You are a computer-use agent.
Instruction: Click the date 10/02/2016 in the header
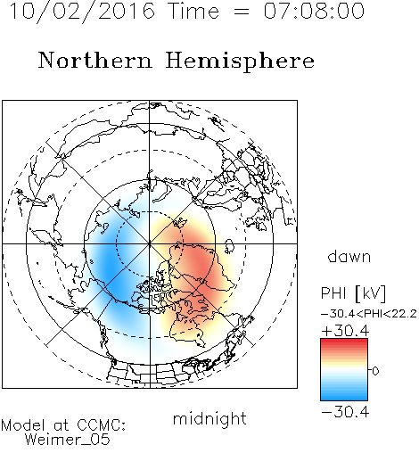(x=82, y=12)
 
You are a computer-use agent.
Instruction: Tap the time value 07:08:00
(x=314, y=11)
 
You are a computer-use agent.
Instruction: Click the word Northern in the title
(x=95, y=61)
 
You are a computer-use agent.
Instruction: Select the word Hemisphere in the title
(x=240, y=62)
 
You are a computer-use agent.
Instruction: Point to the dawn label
(x=349, y=256)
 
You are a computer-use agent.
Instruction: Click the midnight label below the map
(x=209, y=418)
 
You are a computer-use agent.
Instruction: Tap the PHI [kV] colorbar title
(x=353, y=293)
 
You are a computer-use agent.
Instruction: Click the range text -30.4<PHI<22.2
(x=369, y=314)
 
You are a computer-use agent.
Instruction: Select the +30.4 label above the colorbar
(x=345, y=331)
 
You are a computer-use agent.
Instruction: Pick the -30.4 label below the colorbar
(x=345, y=412)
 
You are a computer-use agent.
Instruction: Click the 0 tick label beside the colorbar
(x=375, y=371)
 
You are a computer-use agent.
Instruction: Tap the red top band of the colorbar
(x=344, y=342)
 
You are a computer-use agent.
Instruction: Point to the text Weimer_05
(x=68, y=440)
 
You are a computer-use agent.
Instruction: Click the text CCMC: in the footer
(x=101, y=425)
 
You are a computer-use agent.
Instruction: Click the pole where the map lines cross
(x=150, y=243)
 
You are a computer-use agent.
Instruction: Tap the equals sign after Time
(x=241, y=12)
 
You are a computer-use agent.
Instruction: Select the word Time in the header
(x=193, y=11)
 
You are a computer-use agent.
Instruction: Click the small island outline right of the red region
(x=229, y=246)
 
